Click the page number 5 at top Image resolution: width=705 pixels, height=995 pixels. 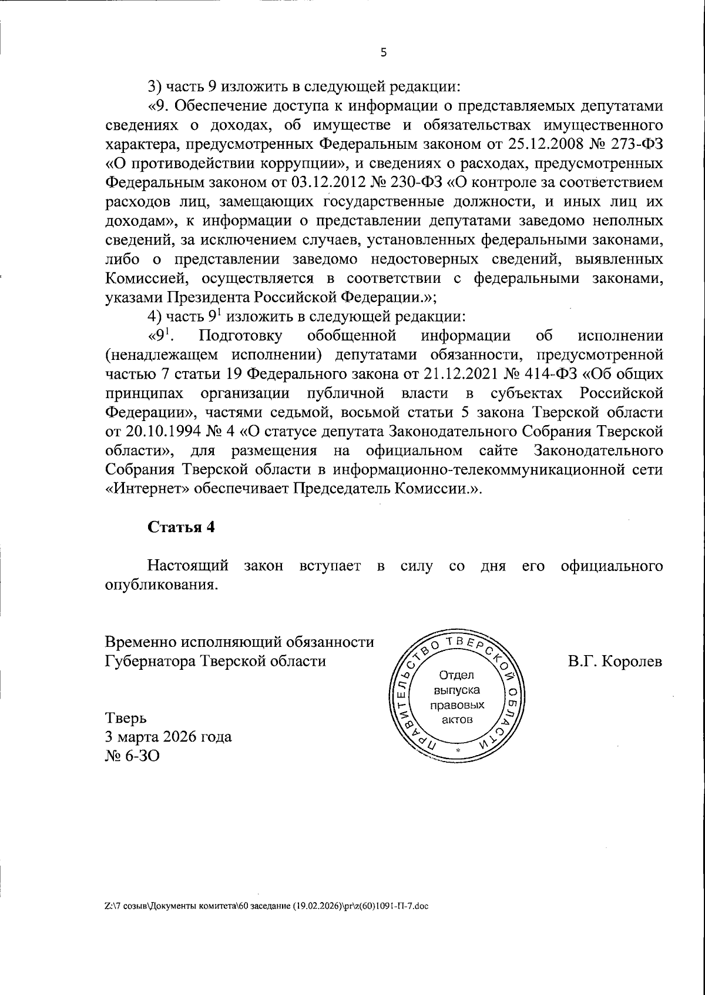pos(384,53)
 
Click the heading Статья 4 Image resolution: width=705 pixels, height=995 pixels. pos(181,527)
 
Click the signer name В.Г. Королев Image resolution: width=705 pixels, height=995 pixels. pos(615,661)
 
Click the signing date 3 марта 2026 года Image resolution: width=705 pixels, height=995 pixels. pos(168,737)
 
